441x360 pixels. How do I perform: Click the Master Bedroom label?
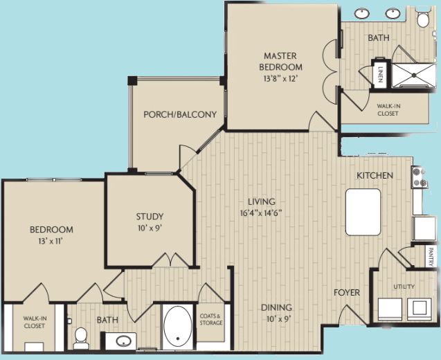281,61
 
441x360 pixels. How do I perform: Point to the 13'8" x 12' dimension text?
281,79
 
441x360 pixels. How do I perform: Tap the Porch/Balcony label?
180,114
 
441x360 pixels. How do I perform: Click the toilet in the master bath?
423,17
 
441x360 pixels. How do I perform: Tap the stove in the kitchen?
419,177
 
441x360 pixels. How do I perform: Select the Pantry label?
431,255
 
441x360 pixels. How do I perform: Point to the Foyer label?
347,293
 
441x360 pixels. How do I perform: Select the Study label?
149,217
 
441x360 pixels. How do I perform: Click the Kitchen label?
375,176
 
